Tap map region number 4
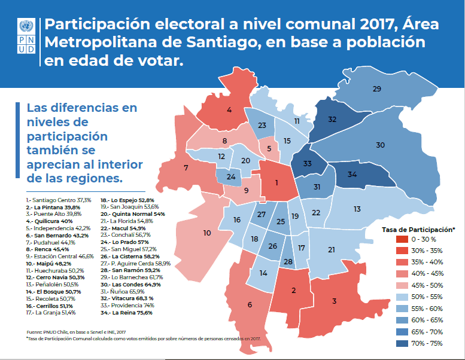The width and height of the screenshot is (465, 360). click(x=229, y=109)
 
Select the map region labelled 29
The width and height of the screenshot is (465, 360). click(x=376, y=89)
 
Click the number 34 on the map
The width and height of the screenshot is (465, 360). click(x=352, y=175)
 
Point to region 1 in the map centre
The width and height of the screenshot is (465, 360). click(x=276, y=183)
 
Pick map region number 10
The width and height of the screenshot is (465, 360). click(x=207, y=233)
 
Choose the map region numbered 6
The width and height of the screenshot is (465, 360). click(x=250, y=304)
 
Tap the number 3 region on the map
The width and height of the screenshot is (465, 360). click(x=334, y=300)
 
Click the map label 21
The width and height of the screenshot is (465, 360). click(x=331, y=249)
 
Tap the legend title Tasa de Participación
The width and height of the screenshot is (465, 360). click(x=418, y=229)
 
